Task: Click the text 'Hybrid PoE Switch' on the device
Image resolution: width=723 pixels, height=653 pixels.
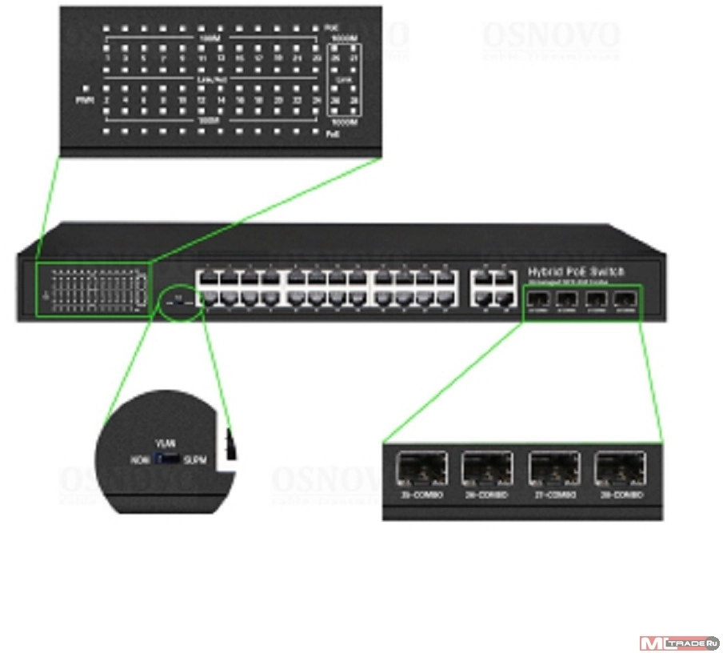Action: pyautogui.click(x=576, y=271)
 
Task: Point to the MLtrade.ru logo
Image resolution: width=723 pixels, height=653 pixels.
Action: pyautogui.click(x=679, y=643)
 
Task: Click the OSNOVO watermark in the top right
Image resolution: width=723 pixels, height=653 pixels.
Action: pyautogui.click(x=550, y=36)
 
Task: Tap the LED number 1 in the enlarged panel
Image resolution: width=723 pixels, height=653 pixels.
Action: pyautogui.click(x=106, y=58)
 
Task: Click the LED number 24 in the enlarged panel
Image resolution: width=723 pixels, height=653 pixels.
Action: pyautogui.click(x=318, y=101)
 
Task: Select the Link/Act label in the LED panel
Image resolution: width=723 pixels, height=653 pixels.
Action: pyautogui.click(x=210, y=80)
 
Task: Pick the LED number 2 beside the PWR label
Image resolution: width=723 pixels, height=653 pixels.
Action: pyautogui.click(x=106, y=101)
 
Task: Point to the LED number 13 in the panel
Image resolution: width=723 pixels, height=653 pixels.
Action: pyautogui.click(x=221, y=58)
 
